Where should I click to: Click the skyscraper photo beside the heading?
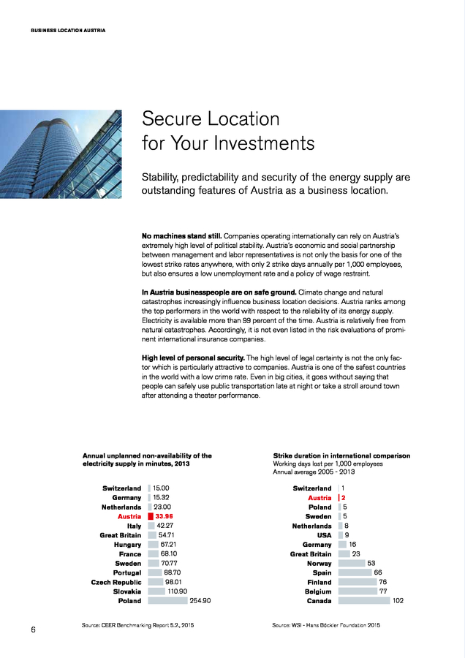[x=61, y=154]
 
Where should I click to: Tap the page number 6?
[x=34, y=629]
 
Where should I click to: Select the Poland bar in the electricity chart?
[x=167, y=601]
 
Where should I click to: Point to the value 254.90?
[x=200, y=601]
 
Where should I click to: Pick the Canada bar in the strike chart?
[x=363, y=601]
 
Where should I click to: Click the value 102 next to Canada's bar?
[x=398, y=601]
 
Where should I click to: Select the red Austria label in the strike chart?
[x=320, y=498]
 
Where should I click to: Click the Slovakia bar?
[x=156, y=591]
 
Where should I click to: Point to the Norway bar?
[x=352, y=564]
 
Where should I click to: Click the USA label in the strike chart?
[x=324, y=535]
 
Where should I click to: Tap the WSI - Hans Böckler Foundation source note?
[x=326, y=626]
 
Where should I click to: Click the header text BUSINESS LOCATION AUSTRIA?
[x=68, y=30]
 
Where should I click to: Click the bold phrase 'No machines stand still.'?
[x=181, y=237]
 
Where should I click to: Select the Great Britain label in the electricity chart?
[x=121, y=535]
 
